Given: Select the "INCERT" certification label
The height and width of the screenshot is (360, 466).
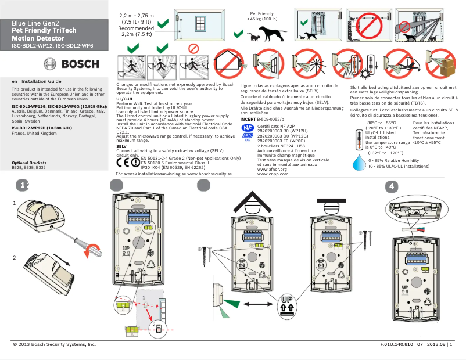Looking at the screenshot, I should (x=248, y=118).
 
